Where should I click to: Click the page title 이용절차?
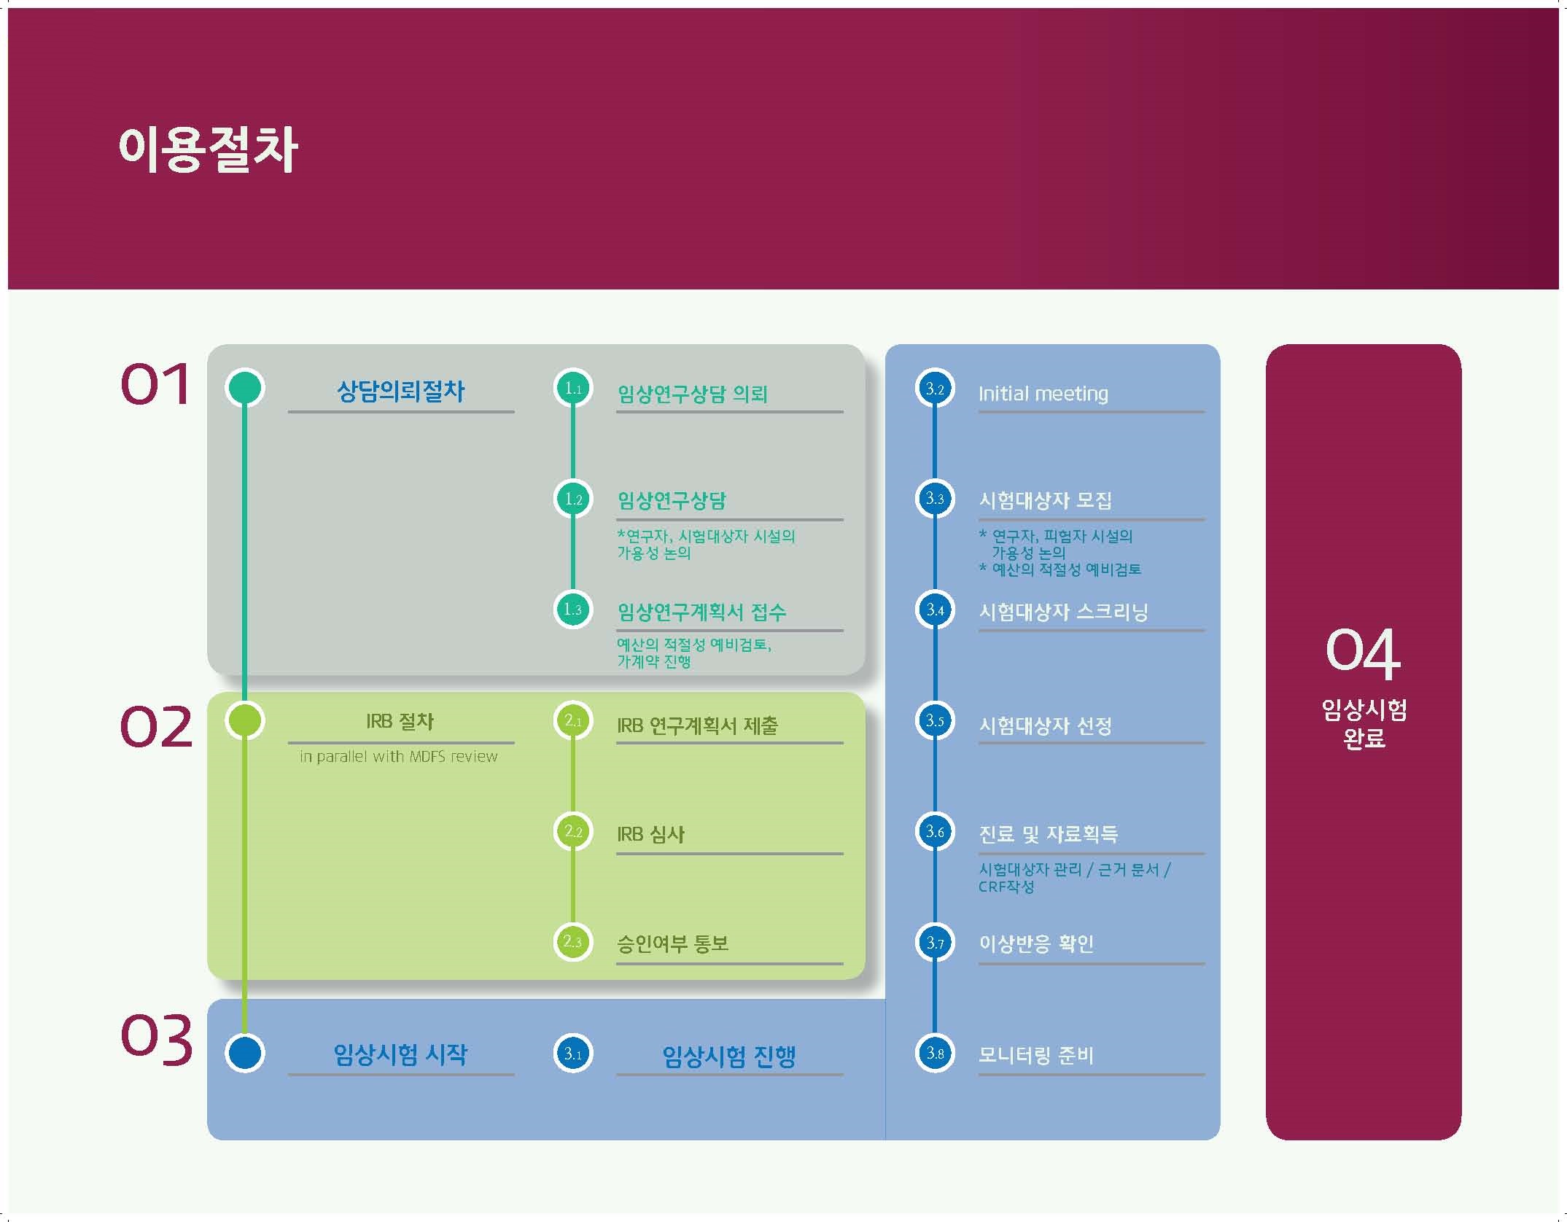pos(208,149)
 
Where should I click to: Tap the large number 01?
pos(155,384)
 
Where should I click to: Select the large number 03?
pos(156,1038)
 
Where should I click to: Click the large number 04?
pos(1363,650)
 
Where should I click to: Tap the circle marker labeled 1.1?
pos(573,389)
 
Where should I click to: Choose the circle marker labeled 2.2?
pos(573,831)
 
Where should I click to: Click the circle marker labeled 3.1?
pos(573,1054)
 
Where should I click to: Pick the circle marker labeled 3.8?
pos(935,1053)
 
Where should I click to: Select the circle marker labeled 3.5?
pos(935,720)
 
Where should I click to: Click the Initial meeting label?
pos(1043,394)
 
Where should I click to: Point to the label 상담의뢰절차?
pos(401,391)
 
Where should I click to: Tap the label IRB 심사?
pos(650,833)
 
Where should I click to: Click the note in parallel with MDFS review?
pos(399,757)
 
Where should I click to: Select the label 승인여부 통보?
pos(672,943)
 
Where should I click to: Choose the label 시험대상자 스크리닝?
pos(1063,612)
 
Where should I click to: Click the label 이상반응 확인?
pos(1035,943)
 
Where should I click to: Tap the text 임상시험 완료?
pos(1364,723)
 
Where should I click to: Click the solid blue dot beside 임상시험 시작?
pos(245,1054)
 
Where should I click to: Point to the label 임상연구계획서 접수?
pos(701,612)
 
